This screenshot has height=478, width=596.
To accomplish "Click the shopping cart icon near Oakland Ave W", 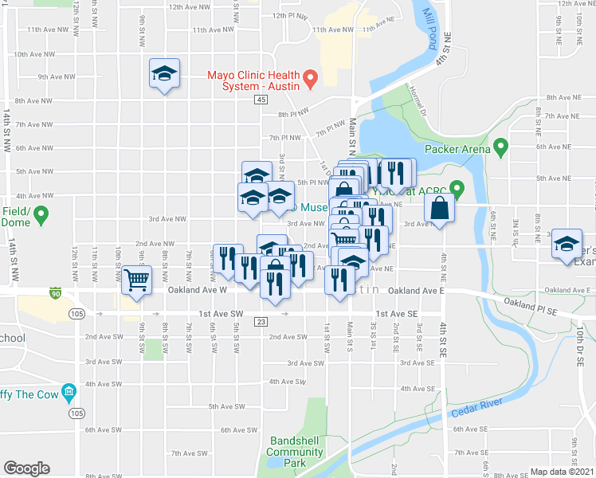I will pyautogui.click(x=136, y=280).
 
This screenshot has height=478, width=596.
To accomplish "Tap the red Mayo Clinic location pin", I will pyautogui.click(x=312, y=78).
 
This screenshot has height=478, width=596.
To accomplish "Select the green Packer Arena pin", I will pyautogui.click(x=500, y=147).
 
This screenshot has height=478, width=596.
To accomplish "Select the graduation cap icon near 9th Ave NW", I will pyautogui.click(x=165, y=74).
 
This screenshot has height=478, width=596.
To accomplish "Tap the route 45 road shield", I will pyautogui.click(x=262, y=100).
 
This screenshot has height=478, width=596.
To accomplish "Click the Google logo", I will pyautogui.click(x=26, y=468).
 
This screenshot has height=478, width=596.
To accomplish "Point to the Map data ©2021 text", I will pyautogui.click(x=562, y=472).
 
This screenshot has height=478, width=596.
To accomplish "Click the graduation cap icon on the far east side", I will pyautogui.click(x=567, y=245).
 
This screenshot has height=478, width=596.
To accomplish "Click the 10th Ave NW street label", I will pyautogui.click(x=33, y=55).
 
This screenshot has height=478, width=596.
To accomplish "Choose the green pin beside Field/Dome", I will pyautogui.click(x=42, y=214).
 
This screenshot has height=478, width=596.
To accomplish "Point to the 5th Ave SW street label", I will pyautogui.click(x=225, y=406).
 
